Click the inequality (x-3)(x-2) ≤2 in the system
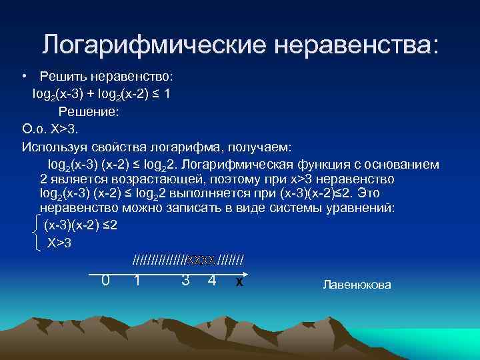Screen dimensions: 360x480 (x=81, y=225)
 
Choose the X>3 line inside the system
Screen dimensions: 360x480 (x=59, y=243)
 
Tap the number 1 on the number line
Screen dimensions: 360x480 (x=137, y=280)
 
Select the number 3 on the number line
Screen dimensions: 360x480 (x=185, y=280)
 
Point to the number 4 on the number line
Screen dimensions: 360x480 (x=211, y=280)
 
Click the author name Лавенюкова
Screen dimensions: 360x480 (x=357, y=285)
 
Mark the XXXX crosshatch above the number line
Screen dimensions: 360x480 (x=201, y=259)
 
